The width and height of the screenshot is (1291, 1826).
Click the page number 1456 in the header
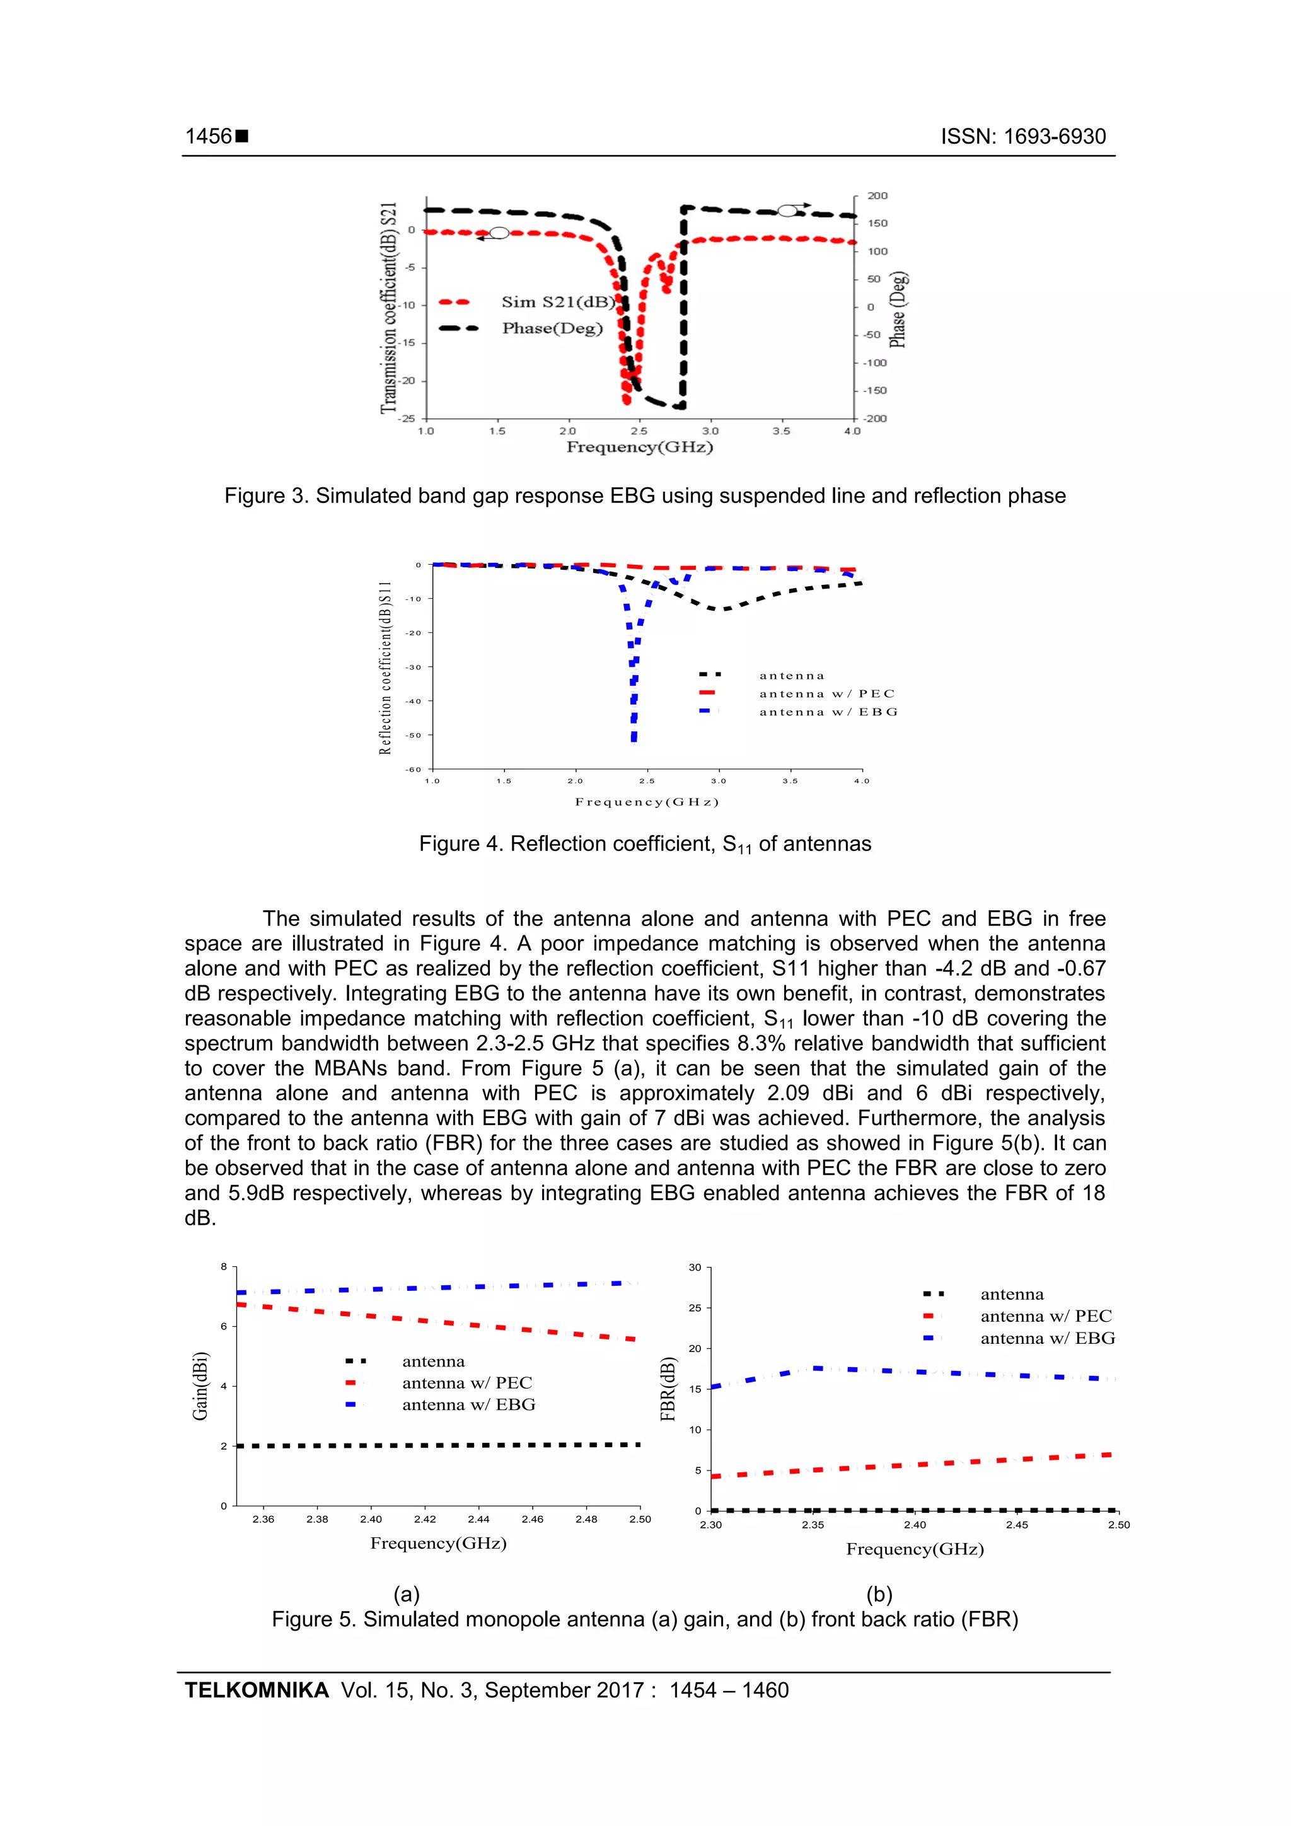point(209,137)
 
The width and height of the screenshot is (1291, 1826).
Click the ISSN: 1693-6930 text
point(1023,137)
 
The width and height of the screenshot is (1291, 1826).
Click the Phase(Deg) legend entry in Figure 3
point(552,328)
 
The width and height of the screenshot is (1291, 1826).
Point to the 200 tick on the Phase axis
point(877,195)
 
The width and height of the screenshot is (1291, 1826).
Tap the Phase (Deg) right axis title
point(898,310)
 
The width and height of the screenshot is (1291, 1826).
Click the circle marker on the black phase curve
point(787,211)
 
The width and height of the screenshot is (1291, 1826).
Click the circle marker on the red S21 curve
point(499,233)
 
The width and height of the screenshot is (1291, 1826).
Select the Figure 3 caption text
point(644,496)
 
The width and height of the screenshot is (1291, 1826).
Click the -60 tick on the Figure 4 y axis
point(414,769)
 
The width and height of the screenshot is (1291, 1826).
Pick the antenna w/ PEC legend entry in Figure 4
point(826,693)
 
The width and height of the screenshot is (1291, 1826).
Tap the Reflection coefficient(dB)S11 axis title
point(386,668)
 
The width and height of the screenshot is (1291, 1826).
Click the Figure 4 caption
point(644,844)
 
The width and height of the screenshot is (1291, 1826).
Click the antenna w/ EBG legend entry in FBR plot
point(1047,1339)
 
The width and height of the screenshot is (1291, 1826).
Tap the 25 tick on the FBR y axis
point(695,1309)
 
